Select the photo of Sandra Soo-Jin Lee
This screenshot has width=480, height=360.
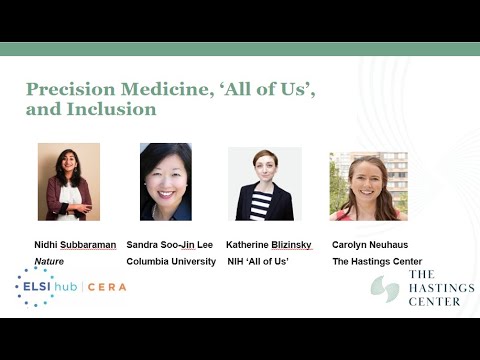pyautogui.click(x=166, y=181)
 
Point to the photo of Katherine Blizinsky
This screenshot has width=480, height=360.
pyautogui.click(x=264, y=184)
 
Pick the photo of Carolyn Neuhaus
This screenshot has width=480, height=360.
pyautogui.click(x=368, y=186)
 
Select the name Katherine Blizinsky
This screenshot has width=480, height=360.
pyautogui.click(x=275, y=245)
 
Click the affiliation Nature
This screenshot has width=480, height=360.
pyautogui.click(x=49, y=261)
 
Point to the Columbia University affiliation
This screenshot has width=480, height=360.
pyautogui.click(x=171, y=261)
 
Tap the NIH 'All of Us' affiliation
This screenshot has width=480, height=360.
pyautogui.click(x=262, y=261)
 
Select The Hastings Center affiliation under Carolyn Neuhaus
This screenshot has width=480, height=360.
pyautogui.click(x=377, y=261)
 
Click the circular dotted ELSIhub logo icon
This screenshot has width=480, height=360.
pyautogui.click(x=35, y=286)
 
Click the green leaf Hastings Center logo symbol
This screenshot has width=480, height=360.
pyautogui.click(x=385, y=289)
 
